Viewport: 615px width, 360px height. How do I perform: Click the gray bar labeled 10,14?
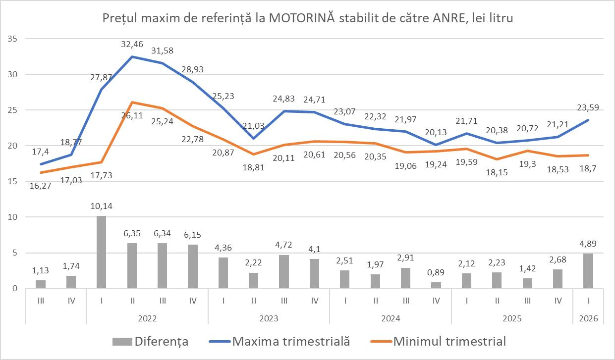coord(101,252)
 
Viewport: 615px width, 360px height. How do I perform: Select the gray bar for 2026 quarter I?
coord(588,271)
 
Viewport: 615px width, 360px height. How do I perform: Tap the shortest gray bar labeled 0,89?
coord(436,285)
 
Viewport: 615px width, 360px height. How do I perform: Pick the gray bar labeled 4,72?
coord(283,271)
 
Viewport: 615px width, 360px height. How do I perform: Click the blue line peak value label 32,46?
coord(132,45)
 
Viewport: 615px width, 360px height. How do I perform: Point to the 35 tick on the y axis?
coord(12,39)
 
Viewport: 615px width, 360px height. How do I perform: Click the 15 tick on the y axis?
coord(12,181)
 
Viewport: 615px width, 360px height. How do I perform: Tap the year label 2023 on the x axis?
coord(269,318)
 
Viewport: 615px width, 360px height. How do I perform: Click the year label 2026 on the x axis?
coord(588,318)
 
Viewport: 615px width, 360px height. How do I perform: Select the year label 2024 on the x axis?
coord(390,318)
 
